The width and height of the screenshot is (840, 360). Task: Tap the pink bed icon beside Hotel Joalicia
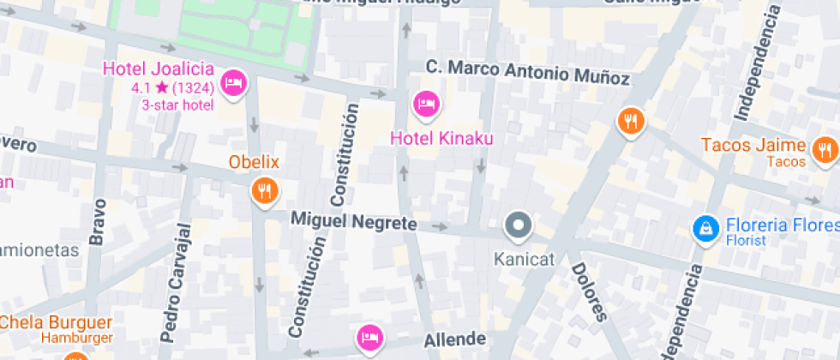(x=234, y=83)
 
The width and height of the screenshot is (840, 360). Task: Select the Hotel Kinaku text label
(x=442, y=137)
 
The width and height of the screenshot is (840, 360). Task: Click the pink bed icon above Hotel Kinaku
(x=426, y=104)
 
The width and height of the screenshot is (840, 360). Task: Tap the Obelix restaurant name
(x=254, y=161)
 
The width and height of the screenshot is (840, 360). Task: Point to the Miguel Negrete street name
(x=353, y=221)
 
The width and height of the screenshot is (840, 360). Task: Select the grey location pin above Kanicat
(x=519, y=225)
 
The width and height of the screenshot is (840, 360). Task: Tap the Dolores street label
(x=588, y=291)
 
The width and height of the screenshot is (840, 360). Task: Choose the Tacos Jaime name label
(x=753, y=145)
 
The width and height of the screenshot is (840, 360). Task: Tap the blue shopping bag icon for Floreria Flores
(x=705, y=228)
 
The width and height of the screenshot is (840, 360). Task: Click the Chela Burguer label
(x=56, y=323)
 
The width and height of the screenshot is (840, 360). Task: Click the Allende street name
(x=455, y=339)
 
